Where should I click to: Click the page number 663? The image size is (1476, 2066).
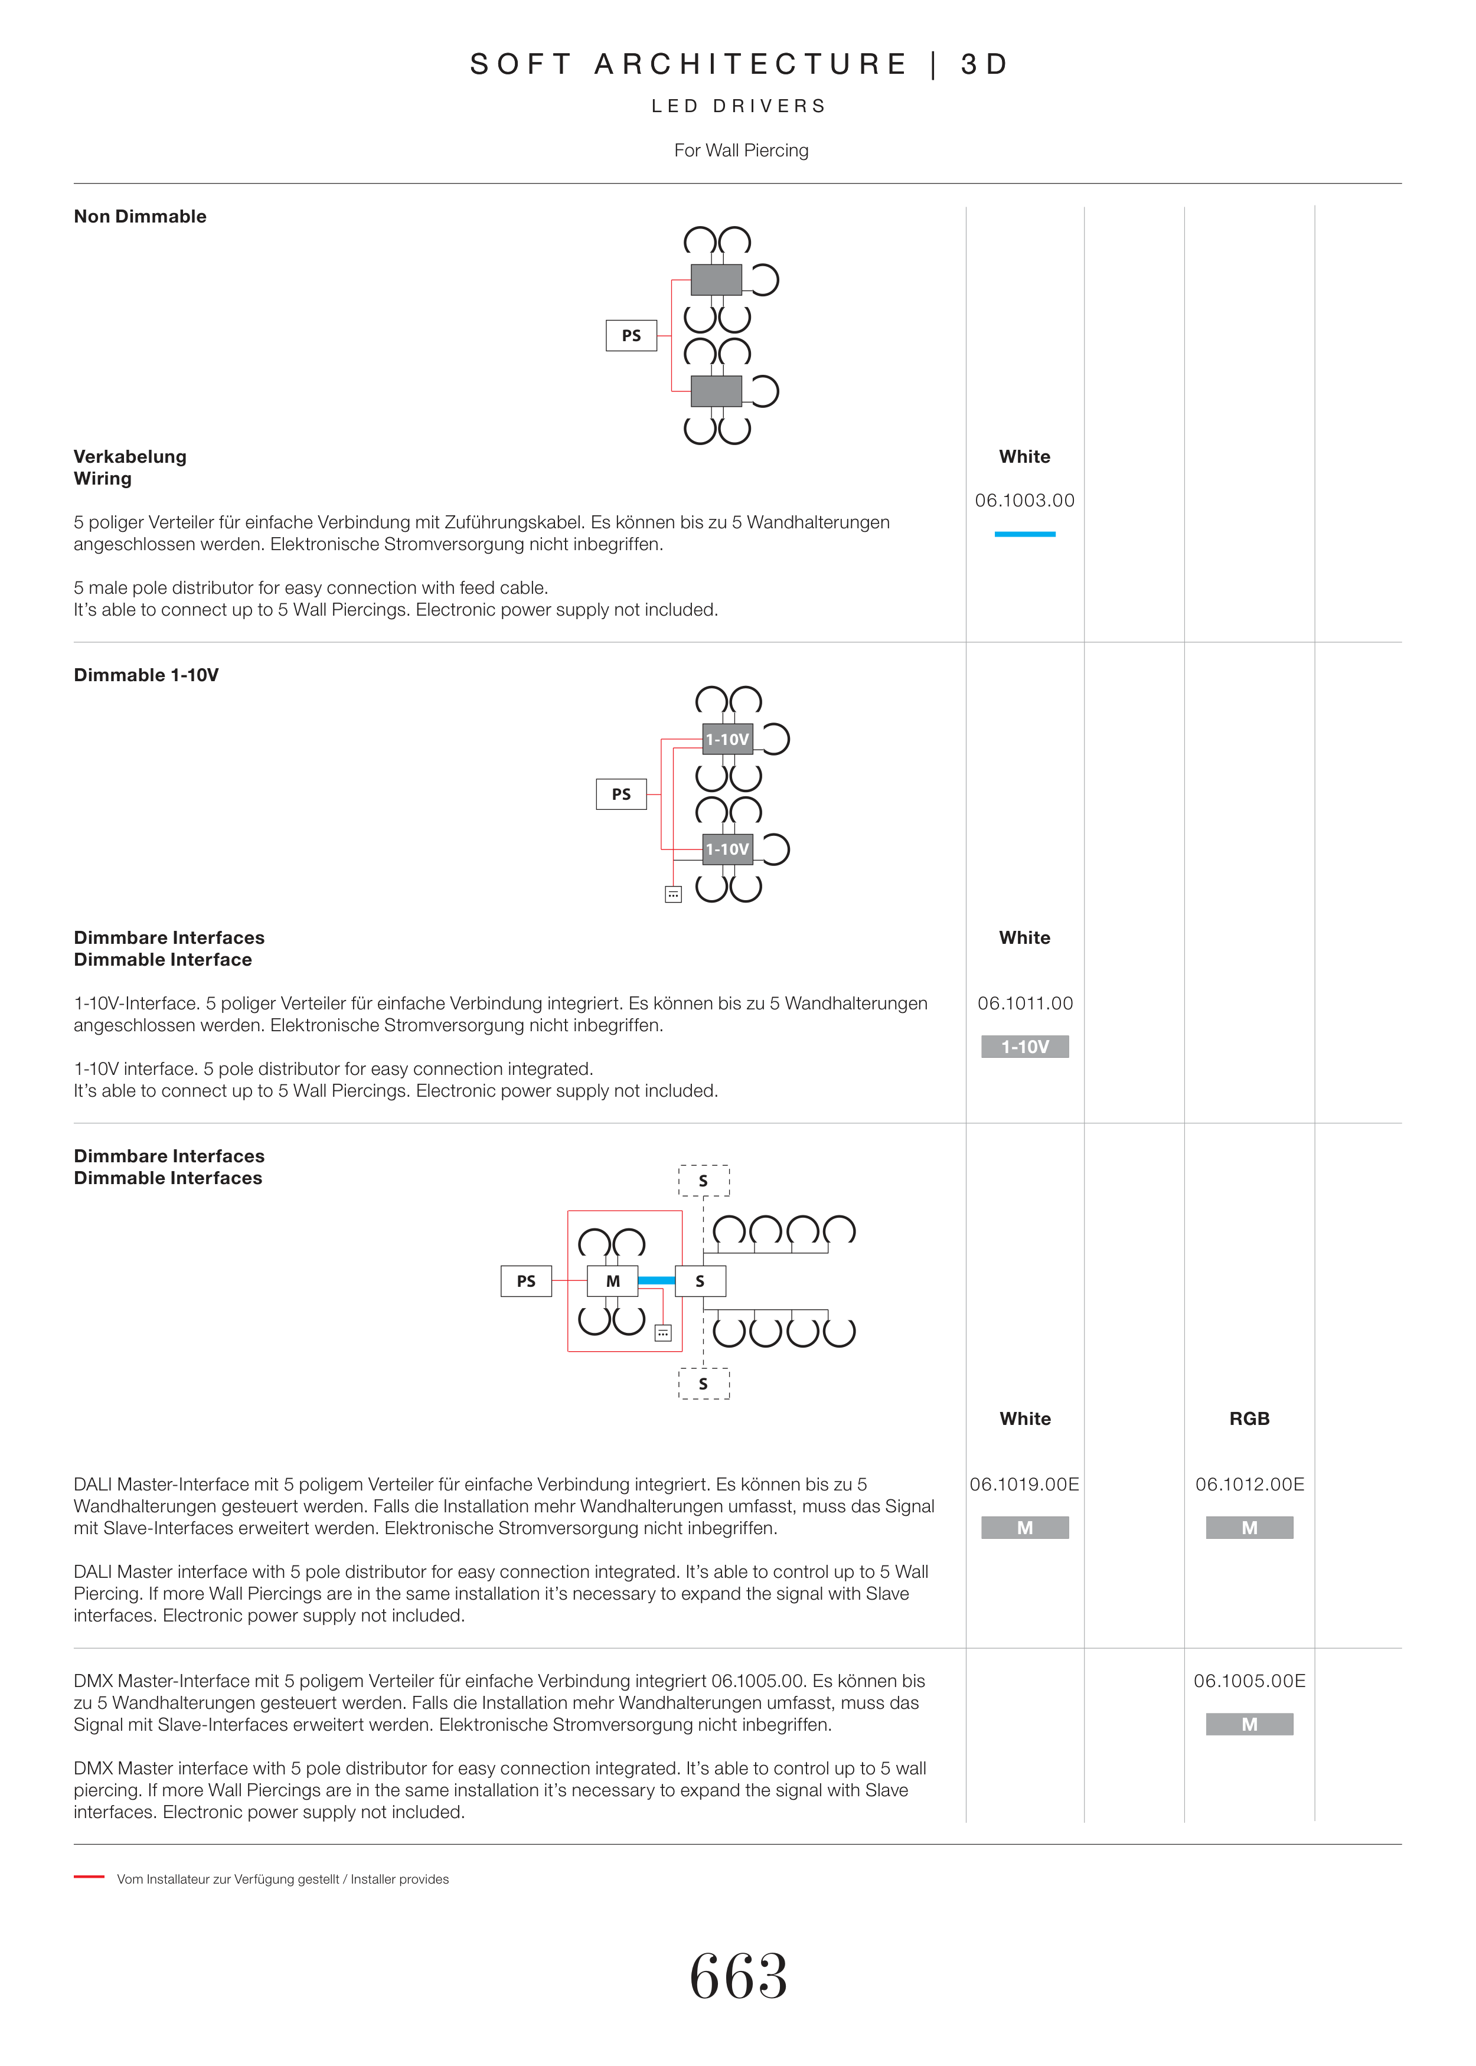click(738, 1977)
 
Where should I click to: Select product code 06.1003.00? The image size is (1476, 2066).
click(1024, 501)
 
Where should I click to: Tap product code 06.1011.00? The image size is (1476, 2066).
click(1024, 1003)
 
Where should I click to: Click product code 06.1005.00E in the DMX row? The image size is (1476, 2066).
click(1249, 1681)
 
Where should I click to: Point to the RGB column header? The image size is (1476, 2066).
click(1249, 1419)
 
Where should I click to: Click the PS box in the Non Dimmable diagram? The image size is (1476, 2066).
click(631, 335)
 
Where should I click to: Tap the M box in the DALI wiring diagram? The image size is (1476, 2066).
click(613, 1281)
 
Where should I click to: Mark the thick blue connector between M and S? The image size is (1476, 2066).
click(656, 1281)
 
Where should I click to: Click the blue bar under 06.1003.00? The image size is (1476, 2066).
click(1024, 534)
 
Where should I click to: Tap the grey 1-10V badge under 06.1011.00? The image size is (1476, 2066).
click(1024, 1047)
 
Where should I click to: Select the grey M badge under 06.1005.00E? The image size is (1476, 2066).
click(1249, 1724)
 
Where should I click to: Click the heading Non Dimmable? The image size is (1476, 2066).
click(140, 216)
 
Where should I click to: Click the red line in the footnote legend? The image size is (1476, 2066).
click(89, 1876)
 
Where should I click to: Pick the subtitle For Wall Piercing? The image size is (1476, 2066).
click(741, 151)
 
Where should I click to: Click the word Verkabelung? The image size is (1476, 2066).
click(130, 457)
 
